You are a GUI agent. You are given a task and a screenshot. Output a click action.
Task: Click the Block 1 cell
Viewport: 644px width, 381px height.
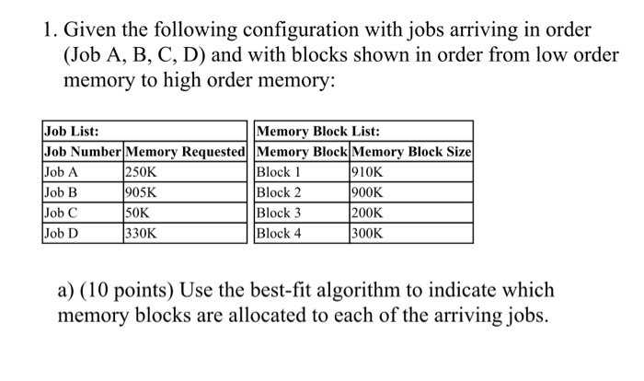[280, 172]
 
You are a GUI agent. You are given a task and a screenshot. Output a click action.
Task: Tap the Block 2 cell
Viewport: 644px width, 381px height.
[280, 192]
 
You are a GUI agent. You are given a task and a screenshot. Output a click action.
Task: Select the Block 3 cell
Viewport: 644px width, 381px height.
[280, 213]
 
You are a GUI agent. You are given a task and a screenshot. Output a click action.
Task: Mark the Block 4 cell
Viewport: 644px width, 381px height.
[280, 233]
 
